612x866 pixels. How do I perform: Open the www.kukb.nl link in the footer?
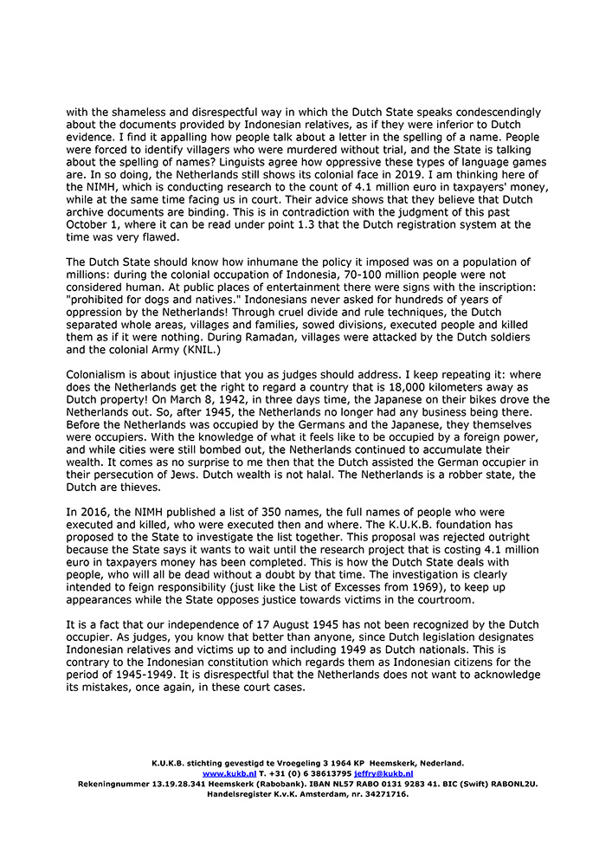[x=229, y=772]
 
